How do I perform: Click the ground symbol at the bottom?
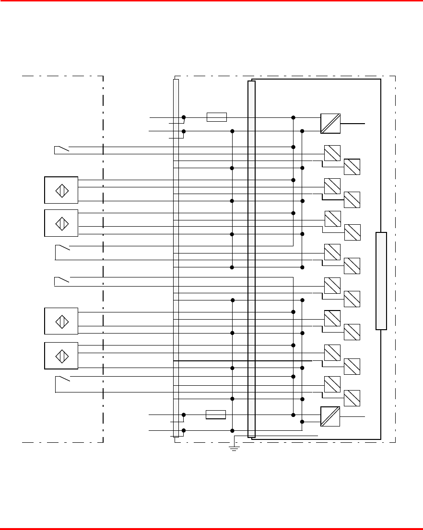[234, 448]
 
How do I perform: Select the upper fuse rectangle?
[216, 117]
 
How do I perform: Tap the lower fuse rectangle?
[215, 415]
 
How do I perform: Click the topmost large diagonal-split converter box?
[330, 124]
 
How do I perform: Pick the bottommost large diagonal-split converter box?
[330, 416]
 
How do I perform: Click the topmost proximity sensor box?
[61, 190]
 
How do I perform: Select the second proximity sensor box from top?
[61, 223]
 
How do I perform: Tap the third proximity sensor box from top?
[61, 321]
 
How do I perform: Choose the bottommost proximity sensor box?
[61, 356]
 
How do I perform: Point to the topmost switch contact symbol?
[62, 149]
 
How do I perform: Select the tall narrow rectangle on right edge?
[381, 281]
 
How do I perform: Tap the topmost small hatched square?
[332, 153]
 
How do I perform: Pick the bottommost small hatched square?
[352, 398]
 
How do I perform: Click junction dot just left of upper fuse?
[184, 117]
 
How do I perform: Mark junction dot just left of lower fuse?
[184, 415]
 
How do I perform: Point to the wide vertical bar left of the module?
[252, 259]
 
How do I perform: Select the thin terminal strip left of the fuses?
[176, 258]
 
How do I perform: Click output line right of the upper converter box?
[353, 124]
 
